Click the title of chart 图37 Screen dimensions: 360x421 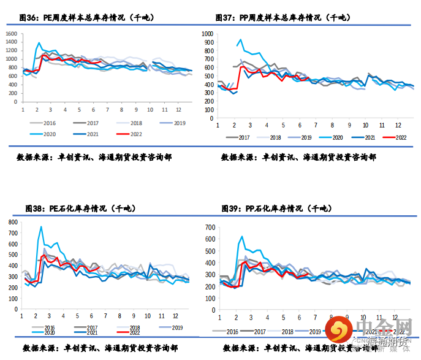click(283, 18)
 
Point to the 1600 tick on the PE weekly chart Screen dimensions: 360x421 click(11, 33)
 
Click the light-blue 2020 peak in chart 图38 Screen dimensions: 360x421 click(41, 227)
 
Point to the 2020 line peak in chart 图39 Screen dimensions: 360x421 click(241, 236)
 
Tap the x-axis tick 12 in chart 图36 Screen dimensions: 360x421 click(178, 110)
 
